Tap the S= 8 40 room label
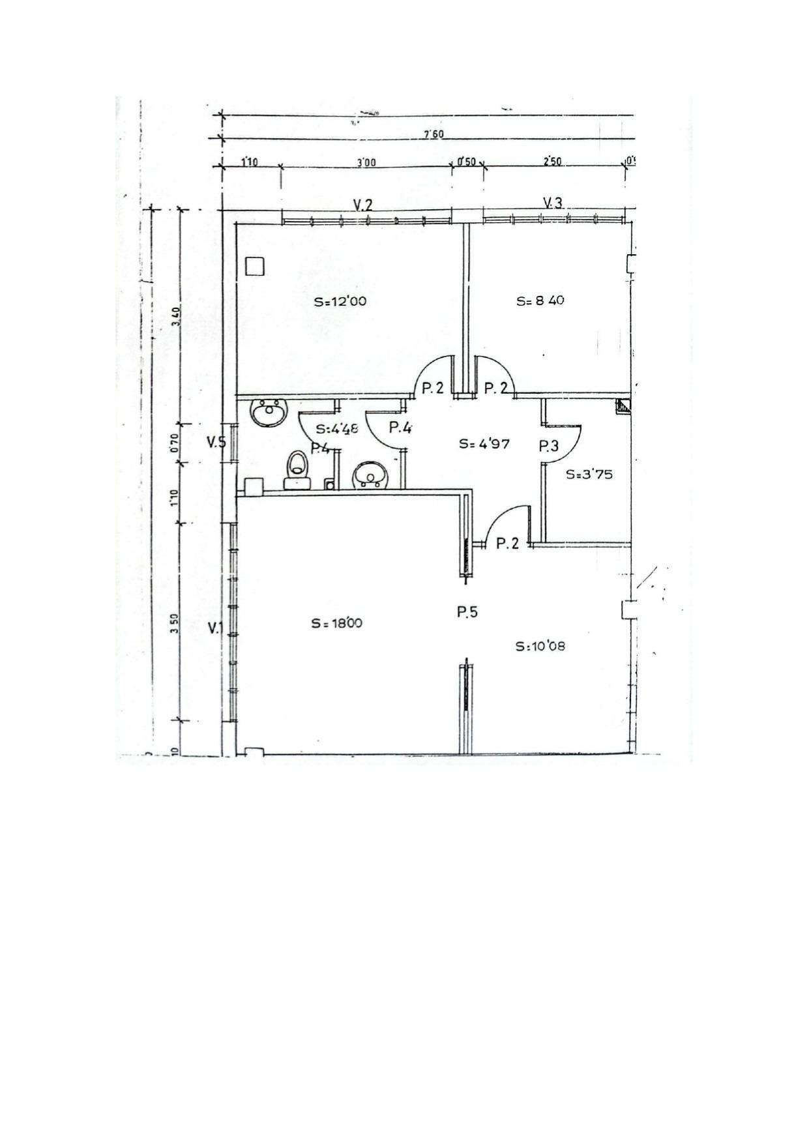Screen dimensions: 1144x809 click(x=540, y=301)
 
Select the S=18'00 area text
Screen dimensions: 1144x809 click(x=336, y=623)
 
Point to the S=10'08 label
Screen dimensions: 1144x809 click(x=540, y=646)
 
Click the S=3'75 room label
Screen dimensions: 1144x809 click(x=589, y=475)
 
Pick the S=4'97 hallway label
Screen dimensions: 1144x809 click(x=484, y=444)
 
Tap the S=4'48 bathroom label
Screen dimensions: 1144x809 click(x=337, y=429)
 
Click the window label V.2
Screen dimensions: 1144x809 click(x=363, y=205)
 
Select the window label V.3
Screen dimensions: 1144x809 click(x=552, y=203)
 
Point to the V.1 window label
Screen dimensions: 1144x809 click(x=215, y=628)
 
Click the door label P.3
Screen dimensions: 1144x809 click(x=549, y=447)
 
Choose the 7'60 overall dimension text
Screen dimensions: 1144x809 click(x=434, y=135)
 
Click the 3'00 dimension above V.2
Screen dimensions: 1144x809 click(x=366, y=162)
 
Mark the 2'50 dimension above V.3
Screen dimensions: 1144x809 click(x=552, y=161)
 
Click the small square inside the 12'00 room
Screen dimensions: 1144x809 click(x=254, y=266)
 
